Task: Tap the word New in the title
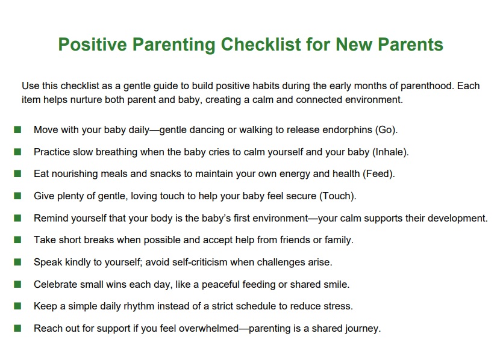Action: click(354, 44)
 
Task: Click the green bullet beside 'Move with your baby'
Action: click(17, 129)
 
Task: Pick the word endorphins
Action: click(347, 129)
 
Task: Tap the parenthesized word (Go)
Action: click(387, 129)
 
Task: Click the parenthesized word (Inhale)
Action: click(390, 152)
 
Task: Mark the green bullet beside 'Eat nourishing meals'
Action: click(17, 173)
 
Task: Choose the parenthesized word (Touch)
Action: click(338, 196)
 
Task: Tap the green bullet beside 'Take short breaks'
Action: click(17, 240)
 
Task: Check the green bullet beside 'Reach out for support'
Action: click(17, 328)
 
